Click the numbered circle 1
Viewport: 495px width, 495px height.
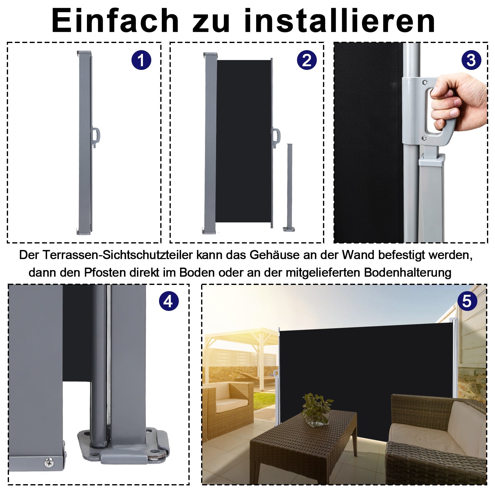[141, 60]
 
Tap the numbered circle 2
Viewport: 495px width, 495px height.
[307, 60]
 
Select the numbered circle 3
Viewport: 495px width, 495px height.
[471, 60]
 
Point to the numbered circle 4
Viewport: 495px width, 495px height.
[169, 301]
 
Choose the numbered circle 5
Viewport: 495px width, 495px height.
[467, 301]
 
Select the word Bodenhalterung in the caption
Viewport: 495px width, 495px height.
[407, 273]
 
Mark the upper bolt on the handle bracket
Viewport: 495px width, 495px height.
[424, 82]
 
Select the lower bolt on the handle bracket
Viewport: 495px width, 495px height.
[424, 138]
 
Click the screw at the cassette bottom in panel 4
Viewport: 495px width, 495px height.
[49, 463]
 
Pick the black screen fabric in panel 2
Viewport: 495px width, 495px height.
[243, 141]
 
